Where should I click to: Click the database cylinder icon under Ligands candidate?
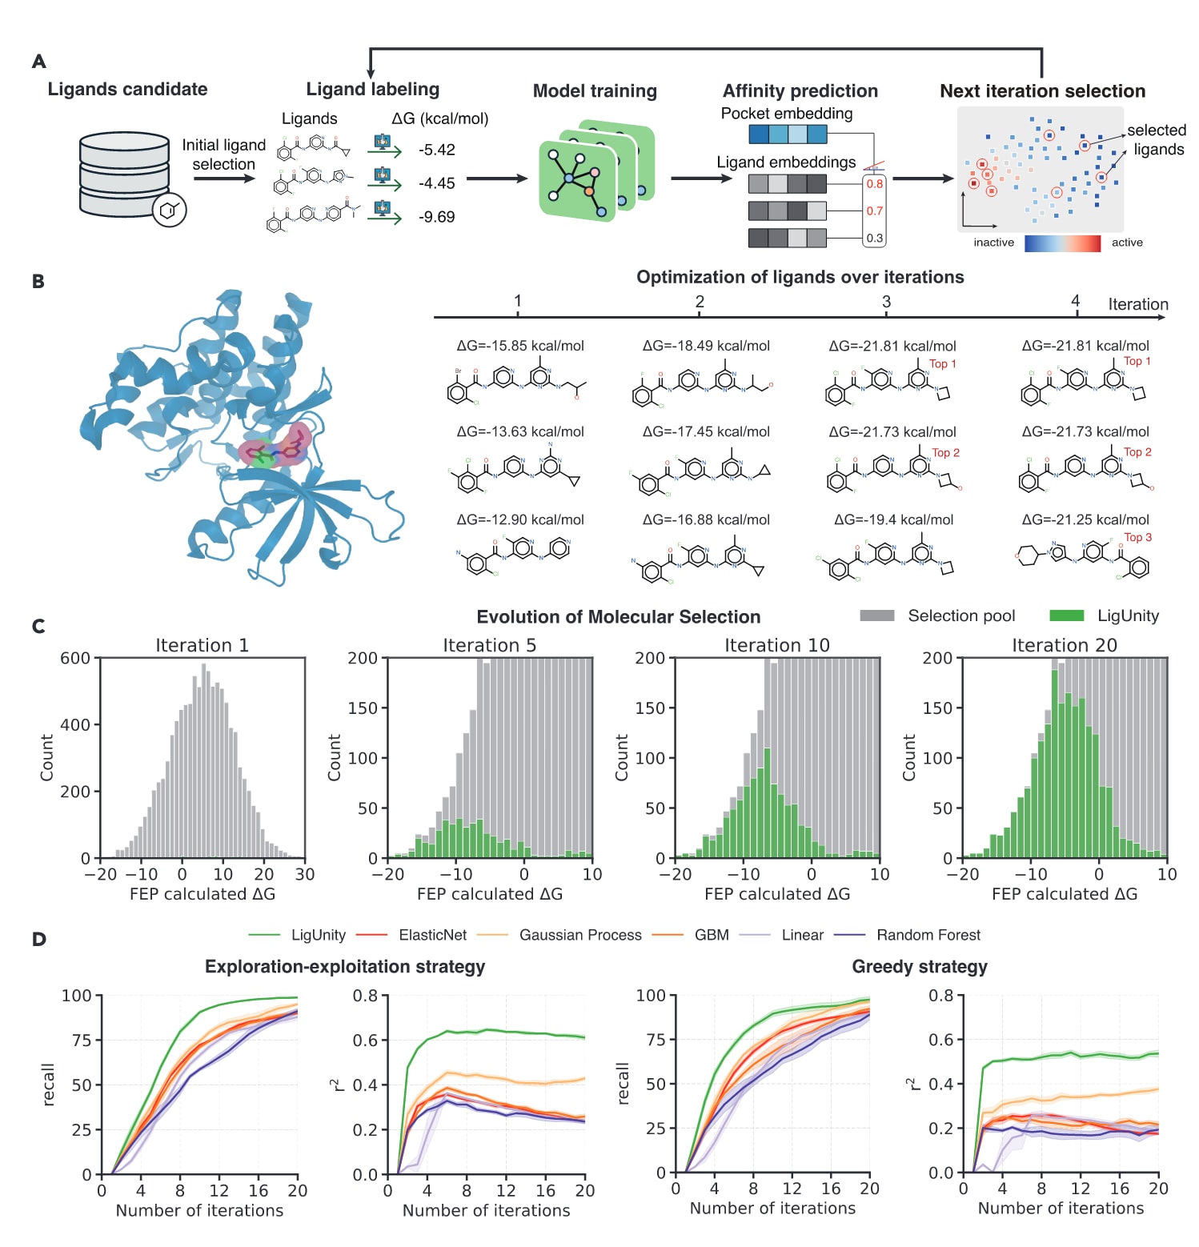(x=124, y=174)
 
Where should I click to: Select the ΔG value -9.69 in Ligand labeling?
(x=436, y=217)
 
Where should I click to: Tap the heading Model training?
(x=595, y=91)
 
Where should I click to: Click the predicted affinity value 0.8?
(x=874, y=184)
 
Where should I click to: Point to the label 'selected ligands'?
(x=1157, y=140)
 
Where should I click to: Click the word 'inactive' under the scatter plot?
(x=993, y=243)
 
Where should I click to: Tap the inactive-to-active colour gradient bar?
(x=1062, y=243)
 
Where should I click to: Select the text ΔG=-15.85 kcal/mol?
(x=520, y=346)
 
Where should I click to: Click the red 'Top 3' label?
(x=1137, y=538)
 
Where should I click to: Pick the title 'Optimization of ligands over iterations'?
(x=800, y=278)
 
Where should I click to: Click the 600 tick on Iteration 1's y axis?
(x=75, y=659)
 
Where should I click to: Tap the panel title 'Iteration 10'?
(x=776, y=645)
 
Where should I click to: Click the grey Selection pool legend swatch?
(x=876, y=615)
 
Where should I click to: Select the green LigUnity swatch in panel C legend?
(x=1066, y=615)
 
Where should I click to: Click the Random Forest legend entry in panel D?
(x=928, y=935)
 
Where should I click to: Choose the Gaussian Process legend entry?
(x=579, y=935)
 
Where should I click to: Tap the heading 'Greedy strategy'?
(x=919, y=967)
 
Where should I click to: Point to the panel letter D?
(x=38, y=939)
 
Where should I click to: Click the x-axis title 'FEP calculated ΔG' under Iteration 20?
(x=1064, y=894)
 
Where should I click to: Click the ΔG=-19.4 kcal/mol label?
(x=893, y=519)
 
